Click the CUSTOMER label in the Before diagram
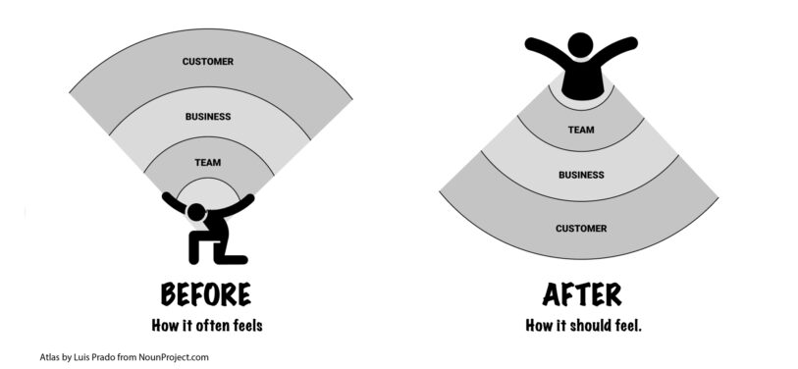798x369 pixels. [x=207, y=62]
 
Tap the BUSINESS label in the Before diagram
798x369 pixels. [x=207, y=117]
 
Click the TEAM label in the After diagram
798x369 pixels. [x=580, y=129]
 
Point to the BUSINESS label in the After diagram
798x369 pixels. [x=580, y=175]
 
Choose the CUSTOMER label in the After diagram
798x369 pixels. [x=580, y=229]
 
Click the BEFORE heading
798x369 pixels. [x=205, y=293]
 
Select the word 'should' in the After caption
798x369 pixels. [x=595, y=324]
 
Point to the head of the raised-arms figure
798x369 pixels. [x=581, y=45]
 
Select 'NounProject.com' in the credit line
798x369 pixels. [x=174, y=357]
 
